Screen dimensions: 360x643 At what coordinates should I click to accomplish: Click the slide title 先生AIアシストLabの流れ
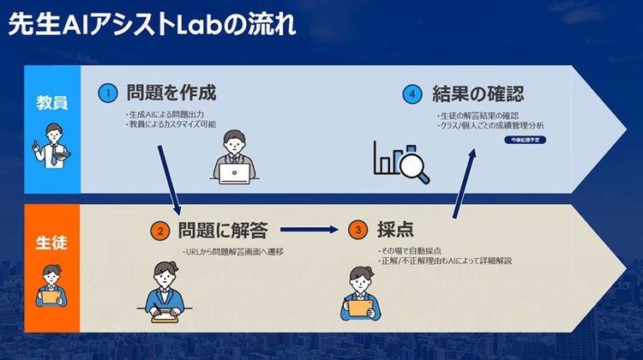pyautogui.click(x=152, y=23)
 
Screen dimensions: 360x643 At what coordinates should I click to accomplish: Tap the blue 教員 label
pyautogui.click(x=51, y=103)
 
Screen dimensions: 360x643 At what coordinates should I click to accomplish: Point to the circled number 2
pyautogui.click(x=159, y=231)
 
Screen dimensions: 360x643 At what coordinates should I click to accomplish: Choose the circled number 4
pyautogui.click(x=414, y=93)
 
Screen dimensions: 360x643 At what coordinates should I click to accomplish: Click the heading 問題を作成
pyautogui.click(x=171, y=92)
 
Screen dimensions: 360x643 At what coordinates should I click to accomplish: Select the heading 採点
pyautogui.click(x=395, y=229)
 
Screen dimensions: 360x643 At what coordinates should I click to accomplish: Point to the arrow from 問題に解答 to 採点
pyautogui.click(x=309, y=230)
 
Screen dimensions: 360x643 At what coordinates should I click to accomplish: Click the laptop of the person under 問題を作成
pyautogui.click(x=234, y=173)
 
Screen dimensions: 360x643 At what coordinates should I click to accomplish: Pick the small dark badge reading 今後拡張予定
pyautogui.click(x=525, y=137)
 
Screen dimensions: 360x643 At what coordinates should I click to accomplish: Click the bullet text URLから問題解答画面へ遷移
pyautogui.click(x=233, y=252)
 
